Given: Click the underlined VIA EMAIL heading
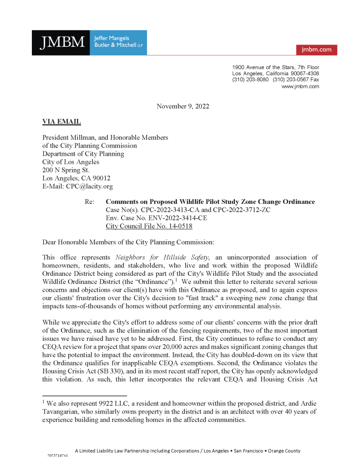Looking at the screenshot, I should (x=61, y=122).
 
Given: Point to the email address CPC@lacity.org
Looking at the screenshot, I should (x=89, y=186).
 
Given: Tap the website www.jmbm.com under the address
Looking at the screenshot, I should (x=300, y=86).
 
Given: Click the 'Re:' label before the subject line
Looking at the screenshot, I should (x=90, y=202).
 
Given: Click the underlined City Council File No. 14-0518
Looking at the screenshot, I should (x=149, y=226).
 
